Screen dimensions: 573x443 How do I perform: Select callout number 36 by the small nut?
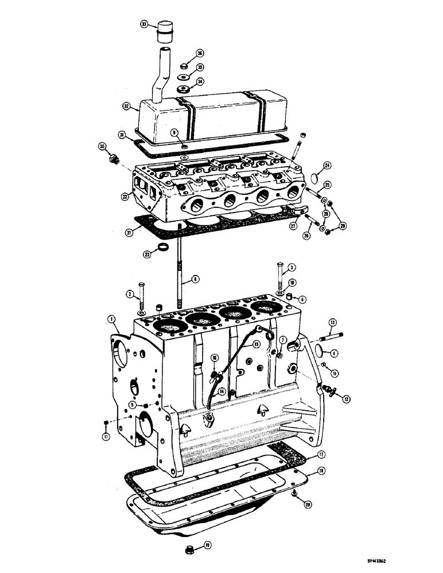tap(200, 53)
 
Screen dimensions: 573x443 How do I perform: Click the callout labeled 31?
tap(122, 135)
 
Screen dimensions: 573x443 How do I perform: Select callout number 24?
tap(327, 166)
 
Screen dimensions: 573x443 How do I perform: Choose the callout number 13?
tap(332, 322)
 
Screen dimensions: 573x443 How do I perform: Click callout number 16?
tap(214, 357)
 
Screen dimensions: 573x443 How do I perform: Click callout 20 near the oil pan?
tap(308, 505)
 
